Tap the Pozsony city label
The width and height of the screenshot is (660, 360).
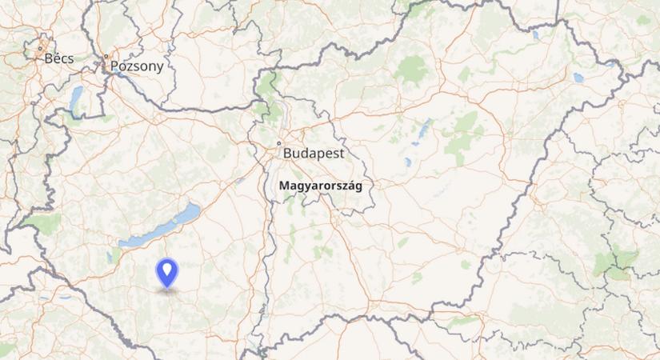[x=136, y=66]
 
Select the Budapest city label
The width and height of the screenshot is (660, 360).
[x=314, y=152]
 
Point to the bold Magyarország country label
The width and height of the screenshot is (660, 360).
[x=320, y=185]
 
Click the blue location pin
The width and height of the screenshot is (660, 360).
[x=167, y=273]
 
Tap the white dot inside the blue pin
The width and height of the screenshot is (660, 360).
[x=167, y=269]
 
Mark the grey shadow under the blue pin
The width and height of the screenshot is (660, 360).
[x=167, y=290]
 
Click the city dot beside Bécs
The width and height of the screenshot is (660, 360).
[x=40, y=50]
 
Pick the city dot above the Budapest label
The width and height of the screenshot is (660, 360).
[x=278, y=143]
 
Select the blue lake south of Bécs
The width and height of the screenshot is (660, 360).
[x=77, y=99]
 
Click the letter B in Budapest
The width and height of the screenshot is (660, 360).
[x=287, y=152]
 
